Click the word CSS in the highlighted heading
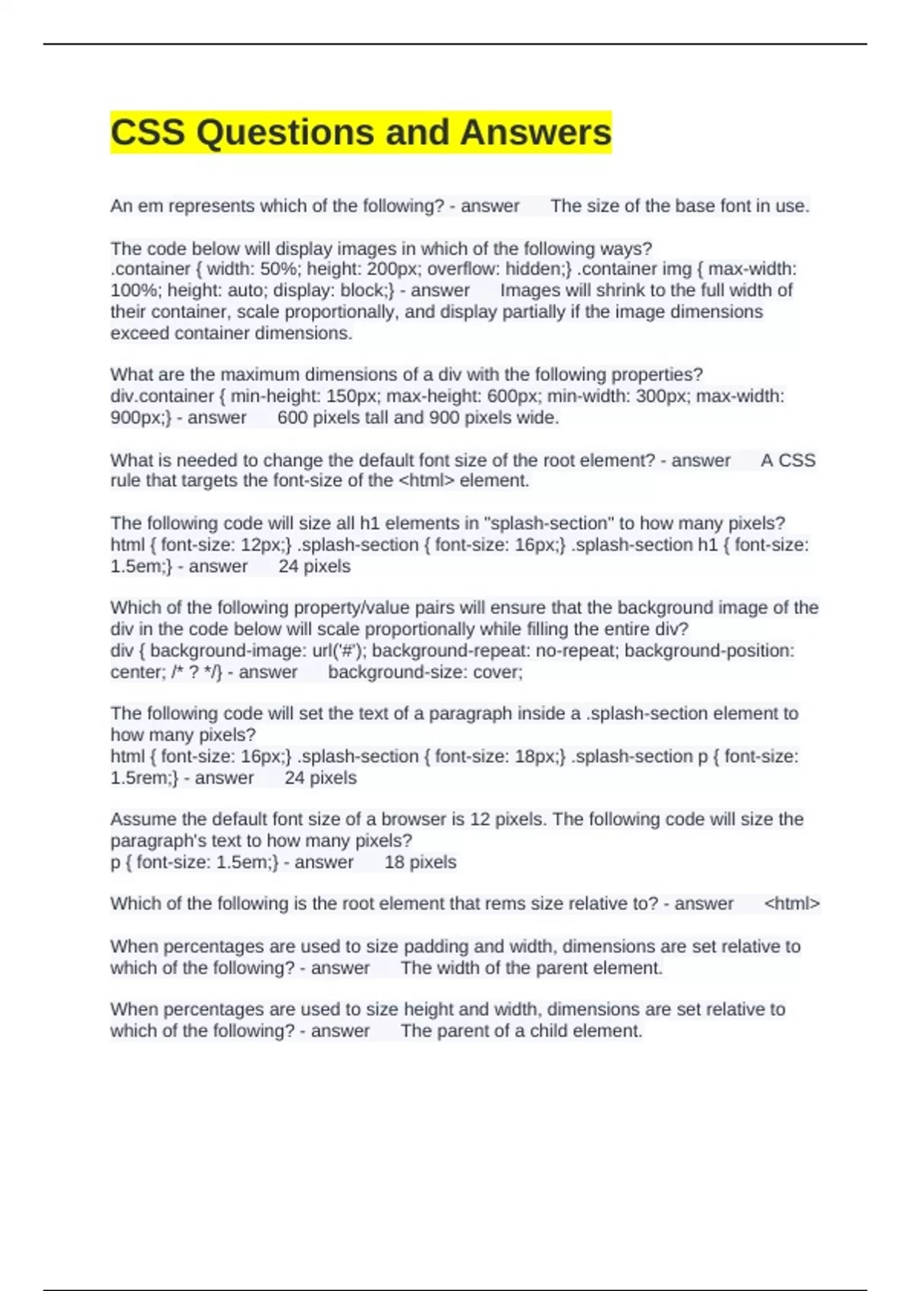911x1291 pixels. (x=147, y=132)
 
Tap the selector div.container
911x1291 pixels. (x=162, y=396)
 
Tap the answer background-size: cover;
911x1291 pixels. (x=425, y=672)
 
